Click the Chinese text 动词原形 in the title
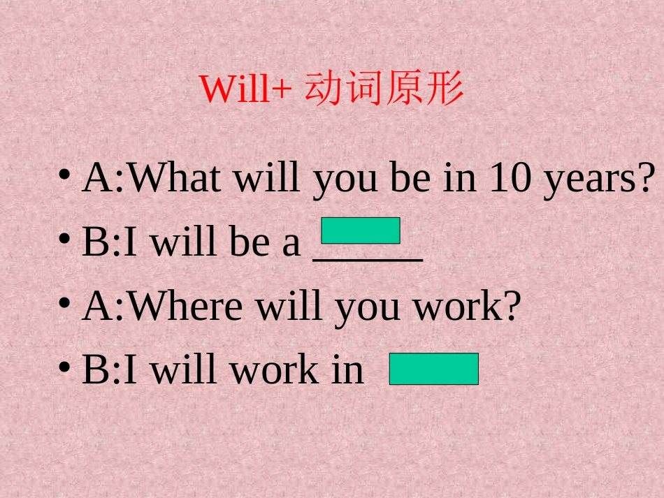384,89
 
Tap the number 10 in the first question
511,178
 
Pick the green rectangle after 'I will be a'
361,230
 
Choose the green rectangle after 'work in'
434,369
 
